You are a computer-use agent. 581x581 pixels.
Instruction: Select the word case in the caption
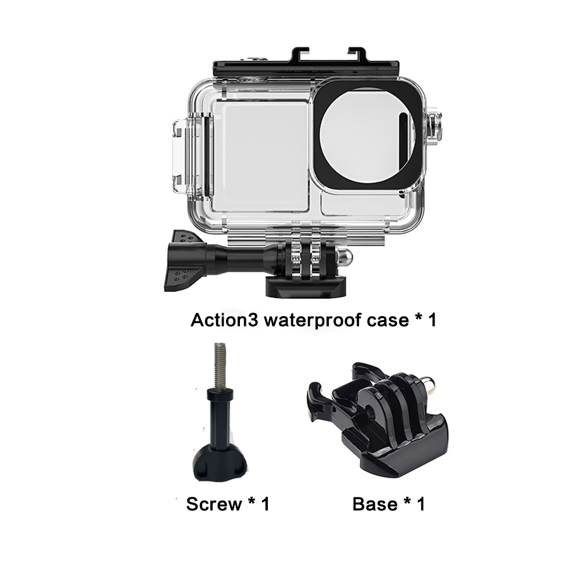[x=387, y=320]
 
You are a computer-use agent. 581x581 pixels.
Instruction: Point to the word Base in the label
[x=375, y=504]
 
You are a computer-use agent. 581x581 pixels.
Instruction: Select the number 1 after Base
[x=419, y=504]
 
